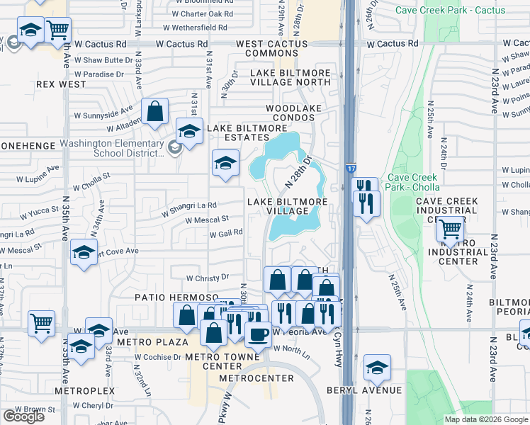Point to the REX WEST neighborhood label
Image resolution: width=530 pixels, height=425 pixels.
61,84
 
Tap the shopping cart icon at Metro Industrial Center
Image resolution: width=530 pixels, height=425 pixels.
450,229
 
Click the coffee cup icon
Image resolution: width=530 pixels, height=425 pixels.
259,333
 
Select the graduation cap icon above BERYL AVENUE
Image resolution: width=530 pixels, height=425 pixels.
377,367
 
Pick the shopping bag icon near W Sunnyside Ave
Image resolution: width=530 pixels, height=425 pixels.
154,111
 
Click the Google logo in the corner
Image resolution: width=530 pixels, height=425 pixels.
23,416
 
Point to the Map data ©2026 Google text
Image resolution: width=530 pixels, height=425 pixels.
485,419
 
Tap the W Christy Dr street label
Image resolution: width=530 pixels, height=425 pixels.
208,278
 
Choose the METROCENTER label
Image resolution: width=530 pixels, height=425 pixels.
256,378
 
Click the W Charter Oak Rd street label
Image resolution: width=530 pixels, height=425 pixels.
202,13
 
